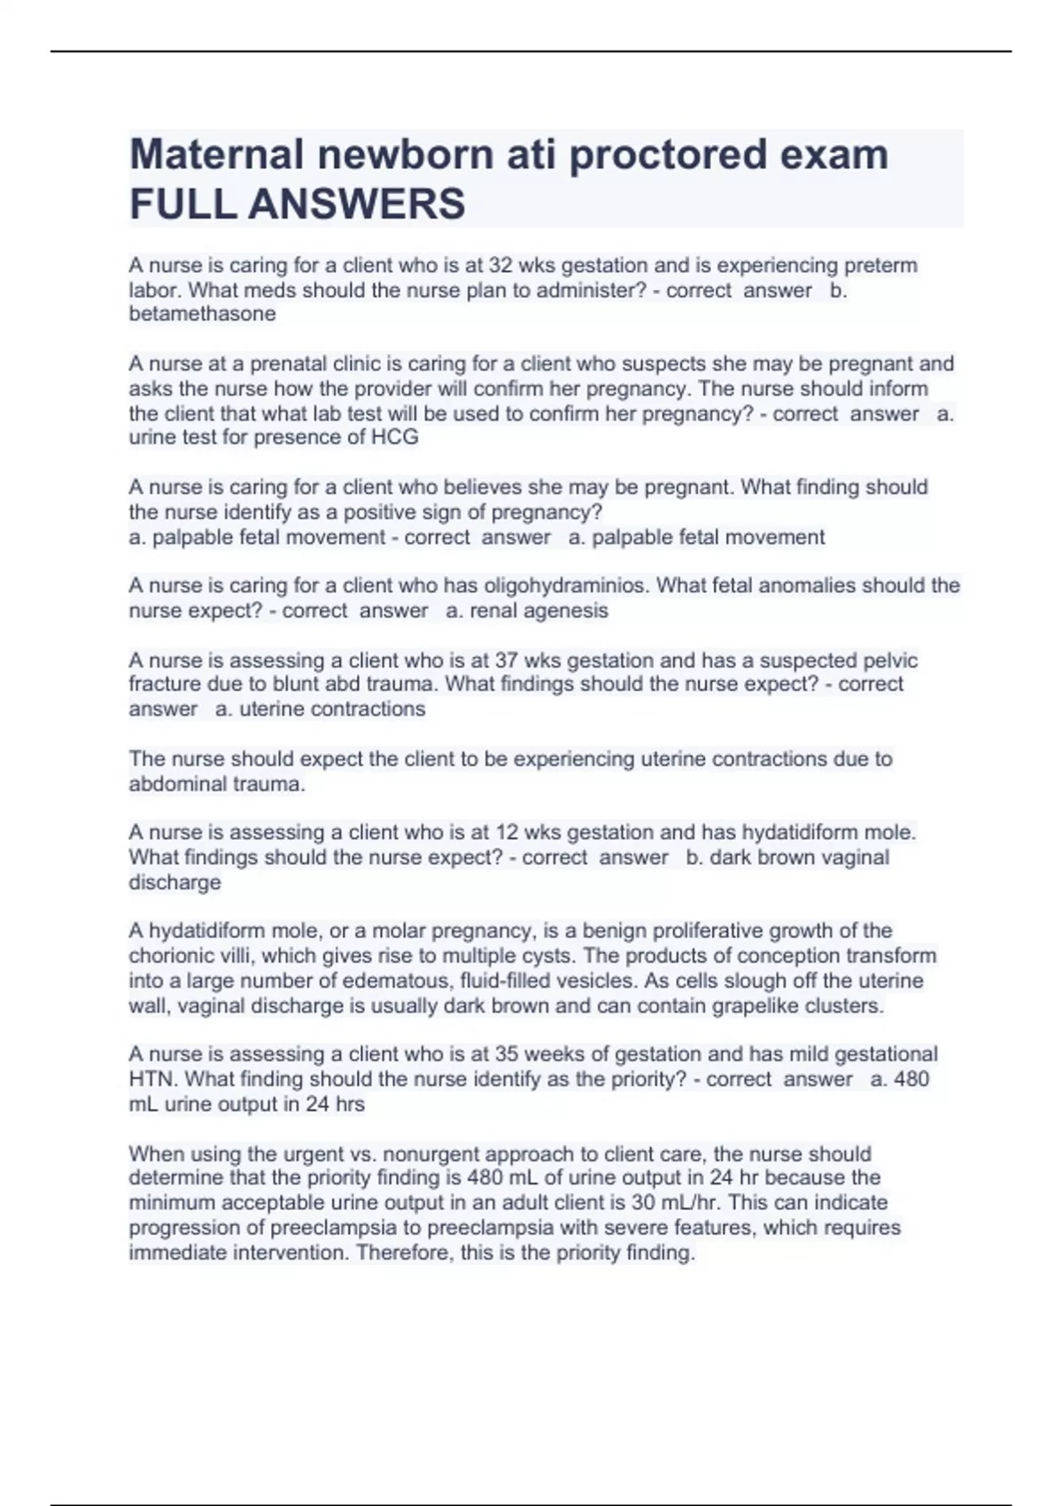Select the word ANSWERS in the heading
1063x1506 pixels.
click(356, 204)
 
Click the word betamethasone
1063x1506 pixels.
click(202, 314)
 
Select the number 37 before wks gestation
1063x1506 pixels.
click(507, 661)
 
